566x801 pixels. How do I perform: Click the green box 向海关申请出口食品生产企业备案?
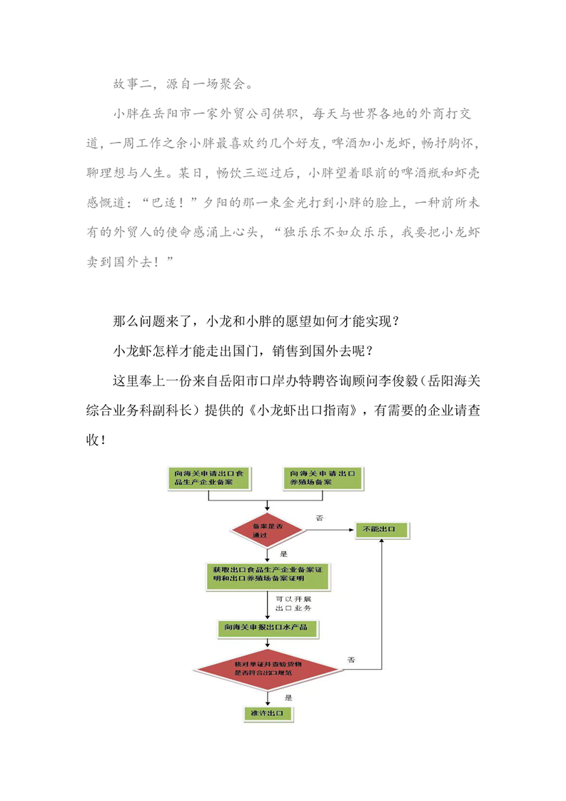pos(209,478)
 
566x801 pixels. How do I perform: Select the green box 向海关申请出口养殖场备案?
pos(323,478)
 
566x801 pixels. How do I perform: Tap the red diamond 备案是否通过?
pos(268,530)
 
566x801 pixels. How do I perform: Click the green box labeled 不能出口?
pos(382,530)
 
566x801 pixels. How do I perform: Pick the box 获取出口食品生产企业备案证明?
pos(268,576)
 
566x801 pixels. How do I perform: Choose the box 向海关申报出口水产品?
pos(268,628)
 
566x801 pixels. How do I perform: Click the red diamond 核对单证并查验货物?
pos(268,669)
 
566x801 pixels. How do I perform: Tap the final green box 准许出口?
pos(268,713)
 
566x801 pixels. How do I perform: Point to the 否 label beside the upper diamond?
pos(320,518)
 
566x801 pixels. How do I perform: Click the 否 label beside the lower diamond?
pos(351,660)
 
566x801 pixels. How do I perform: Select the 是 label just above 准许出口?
pos(288,697)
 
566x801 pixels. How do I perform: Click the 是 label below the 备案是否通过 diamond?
pos(284,554)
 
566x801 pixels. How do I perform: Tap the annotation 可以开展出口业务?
pos(293,603)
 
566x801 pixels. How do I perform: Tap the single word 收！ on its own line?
pos(96,440)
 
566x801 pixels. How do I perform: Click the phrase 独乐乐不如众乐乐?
pos(335,233)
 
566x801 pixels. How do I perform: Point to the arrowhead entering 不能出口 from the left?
pos(352,530)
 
